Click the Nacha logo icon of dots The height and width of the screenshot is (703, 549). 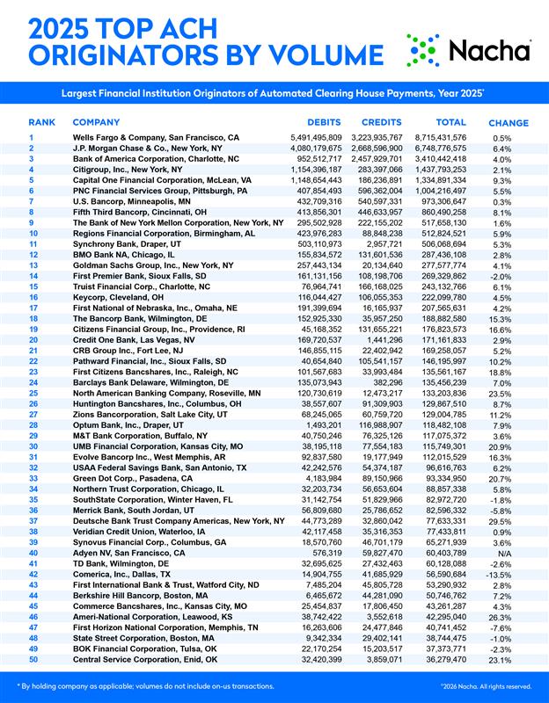tap(422, 51)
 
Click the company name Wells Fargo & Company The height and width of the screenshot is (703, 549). tap(155, 138)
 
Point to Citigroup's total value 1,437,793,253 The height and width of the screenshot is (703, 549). tap(457, 169)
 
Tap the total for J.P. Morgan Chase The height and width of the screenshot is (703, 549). tap(457, 149)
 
